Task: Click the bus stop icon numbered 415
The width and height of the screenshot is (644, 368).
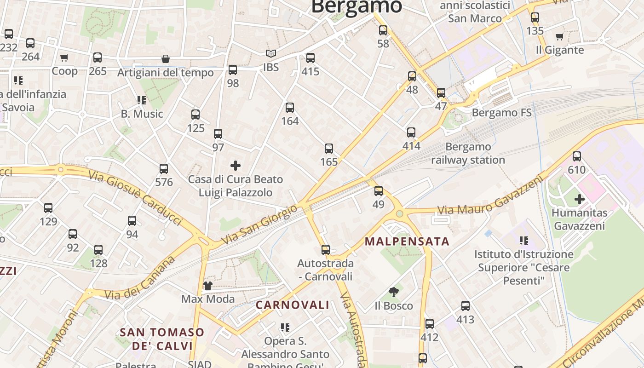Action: click(310, 58)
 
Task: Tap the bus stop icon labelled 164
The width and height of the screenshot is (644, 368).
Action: click(289, 108)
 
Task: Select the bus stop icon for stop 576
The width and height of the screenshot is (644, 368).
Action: click(164, 169)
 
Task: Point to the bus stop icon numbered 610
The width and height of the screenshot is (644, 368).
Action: click(577, 156)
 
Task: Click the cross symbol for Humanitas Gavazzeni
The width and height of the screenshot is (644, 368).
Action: click(580, 199)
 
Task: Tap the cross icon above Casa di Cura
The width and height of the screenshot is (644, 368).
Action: click(236, 165)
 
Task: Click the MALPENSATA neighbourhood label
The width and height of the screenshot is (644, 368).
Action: click(407, 241)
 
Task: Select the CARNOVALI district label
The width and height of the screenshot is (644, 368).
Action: click(293, 305)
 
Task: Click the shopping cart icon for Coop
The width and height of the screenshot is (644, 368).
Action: click(64, 58)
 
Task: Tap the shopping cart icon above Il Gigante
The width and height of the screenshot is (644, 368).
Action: click(560, 36)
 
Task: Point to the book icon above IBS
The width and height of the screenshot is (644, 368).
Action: click(271, 54)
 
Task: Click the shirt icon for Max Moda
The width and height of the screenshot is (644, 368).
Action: click(208, 286)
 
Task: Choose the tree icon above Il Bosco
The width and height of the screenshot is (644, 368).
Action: click(393, 292)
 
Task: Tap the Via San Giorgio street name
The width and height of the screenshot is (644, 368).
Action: click(259, 224)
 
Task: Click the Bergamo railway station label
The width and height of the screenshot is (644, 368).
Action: click(468, 154)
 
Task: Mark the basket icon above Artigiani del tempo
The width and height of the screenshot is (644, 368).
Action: click(165, 59)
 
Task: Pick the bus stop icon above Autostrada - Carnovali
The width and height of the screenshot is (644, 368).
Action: click(326, 250)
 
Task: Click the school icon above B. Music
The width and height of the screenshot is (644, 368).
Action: click(141, 100)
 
